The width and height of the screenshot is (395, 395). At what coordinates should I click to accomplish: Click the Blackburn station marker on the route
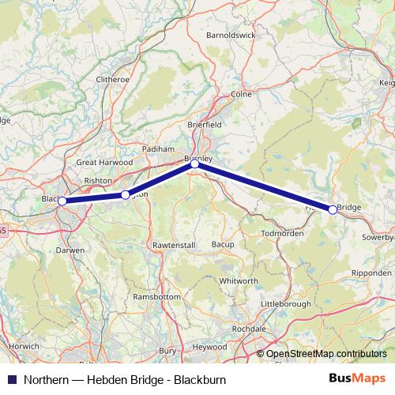(x=62, y=201)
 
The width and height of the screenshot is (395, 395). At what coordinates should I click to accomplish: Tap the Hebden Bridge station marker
(x=333, y=209)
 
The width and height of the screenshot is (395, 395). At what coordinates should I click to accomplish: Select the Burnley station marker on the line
(x=195, y=164)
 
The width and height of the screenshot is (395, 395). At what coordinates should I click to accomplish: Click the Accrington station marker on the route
(x=125, y=194)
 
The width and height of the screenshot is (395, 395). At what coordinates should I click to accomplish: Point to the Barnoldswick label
(x=231, y=36)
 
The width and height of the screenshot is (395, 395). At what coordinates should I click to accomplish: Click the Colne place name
(x=240, y=94)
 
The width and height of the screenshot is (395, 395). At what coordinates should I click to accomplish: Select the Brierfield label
(x=205, y=125)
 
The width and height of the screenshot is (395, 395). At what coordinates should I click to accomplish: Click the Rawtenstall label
(x=173, y=246)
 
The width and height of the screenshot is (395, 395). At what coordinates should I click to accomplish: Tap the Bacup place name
(x=223, y=245)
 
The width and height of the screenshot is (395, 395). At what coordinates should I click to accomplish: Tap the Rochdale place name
(x=250, y=329)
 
